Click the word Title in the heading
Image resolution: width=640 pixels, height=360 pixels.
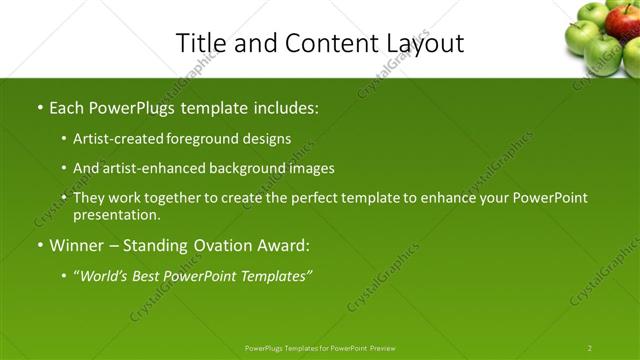tap(198, 44)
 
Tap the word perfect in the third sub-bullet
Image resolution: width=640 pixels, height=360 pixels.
tap(289, 198)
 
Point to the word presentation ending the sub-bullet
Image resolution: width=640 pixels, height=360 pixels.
tap(115, 215)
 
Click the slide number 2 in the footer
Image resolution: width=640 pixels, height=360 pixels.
tap(589, 348)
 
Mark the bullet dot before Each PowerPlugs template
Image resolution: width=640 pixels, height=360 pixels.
tap(40, 106)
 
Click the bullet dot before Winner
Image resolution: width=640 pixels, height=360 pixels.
tap(40, 245)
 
